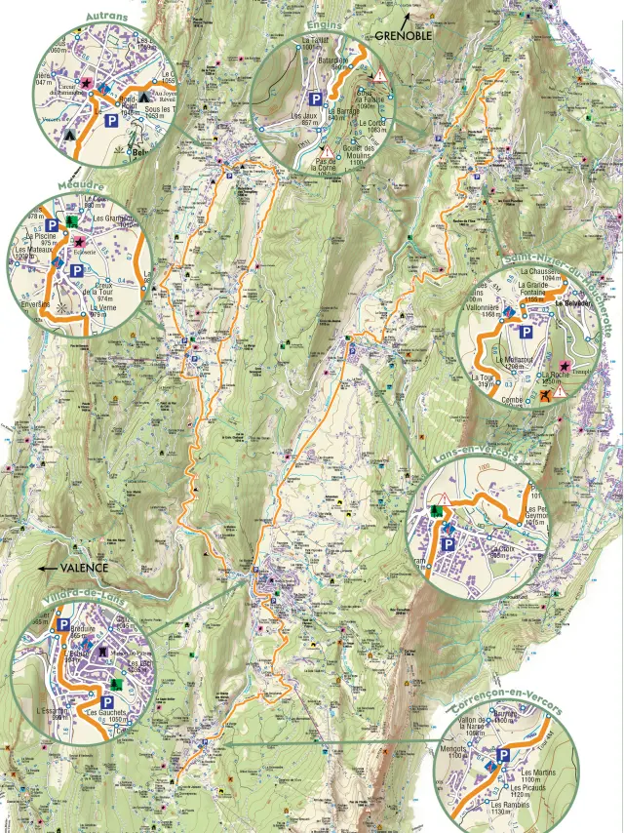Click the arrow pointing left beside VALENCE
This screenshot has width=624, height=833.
(45, 567)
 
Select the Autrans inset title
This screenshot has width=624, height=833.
(107, 18)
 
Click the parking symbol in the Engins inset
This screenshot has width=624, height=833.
(317, 99)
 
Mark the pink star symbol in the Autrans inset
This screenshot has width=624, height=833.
(86, 85)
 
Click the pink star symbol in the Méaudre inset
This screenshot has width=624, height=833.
(78, 240)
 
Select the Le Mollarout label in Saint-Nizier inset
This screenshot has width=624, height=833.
(517, 360)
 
